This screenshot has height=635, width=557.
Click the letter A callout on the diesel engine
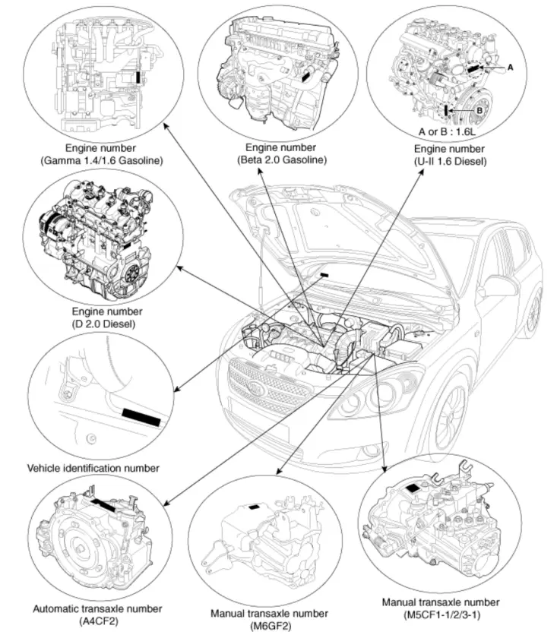(x=511, y=67)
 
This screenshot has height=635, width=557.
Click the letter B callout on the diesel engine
(x=480, y=110)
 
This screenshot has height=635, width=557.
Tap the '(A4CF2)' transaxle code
(x=97, y=621)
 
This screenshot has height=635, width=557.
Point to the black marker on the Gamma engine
(x=137, y=77)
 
